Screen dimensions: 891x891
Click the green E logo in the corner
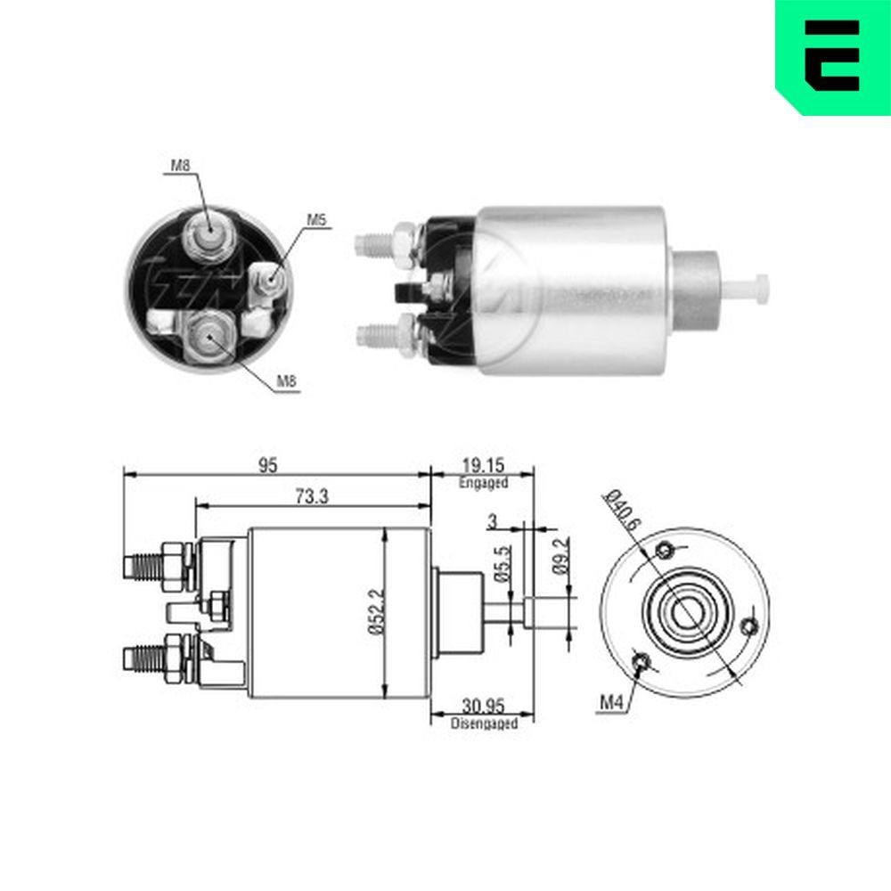click(833, 56)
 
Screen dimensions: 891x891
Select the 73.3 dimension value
click(311, 498)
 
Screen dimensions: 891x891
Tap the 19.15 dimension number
click(483, 465)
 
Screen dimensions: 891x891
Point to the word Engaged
click(483, 483)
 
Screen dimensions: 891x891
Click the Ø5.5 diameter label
click(502, 563)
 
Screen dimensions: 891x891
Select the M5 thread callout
click(317, 219)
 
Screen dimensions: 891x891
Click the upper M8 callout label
click(181, 165)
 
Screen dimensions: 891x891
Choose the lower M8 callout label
click(285, 381)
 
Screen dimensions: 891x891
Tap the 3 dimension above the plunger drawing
click(491, 519)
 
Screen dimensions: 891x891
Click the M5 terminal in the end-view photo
click(268, 282)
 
